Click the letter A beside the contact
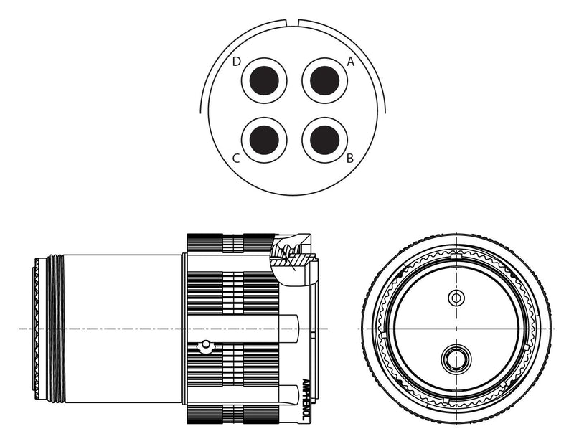click(351, 62)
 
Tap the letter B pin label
click(350, 159)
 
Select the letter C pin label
click(237, 159)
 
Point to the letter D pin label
click(237, 62)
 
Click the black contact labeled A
click(325, 80)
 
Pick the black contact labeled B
click(325, 140)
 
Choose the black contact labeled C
click(264, 140)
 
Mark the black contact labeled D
click(264, 80)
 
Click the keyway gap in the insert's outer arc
click(292, 23)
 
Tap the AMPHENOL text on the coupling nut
click(306, 400)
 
